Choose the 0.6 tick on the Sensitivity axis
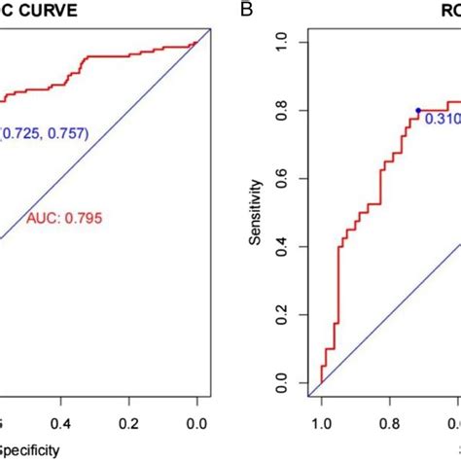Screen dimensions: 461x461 (x=282, y=179)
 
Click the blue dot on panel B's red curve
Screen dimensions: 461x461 (x=418, y=111)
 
